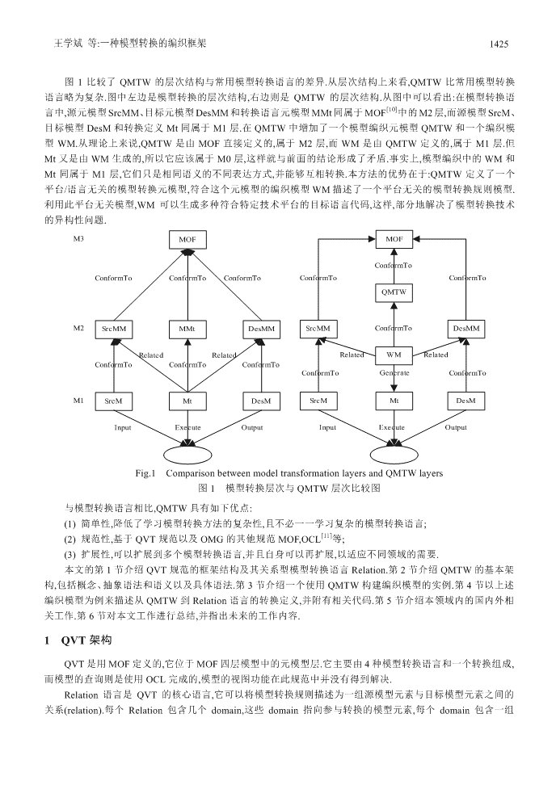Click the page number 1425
coord(499,44)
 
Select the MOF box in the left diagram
coord(187,239)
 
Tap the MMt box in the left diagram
coord(187,329)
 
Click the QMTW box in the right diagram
coord(394,292)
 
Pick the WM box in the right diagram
coord(394,355)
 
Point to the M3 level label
coord(78,238)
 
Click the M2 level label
coord(78,328)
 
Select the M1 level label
coord(78,400)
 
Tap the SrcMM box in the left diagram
coord(114,329)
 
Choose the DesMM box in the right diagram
coord(466,329)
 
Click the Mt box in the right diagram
coord(394,401)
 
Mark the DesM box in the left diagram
coord(261,401)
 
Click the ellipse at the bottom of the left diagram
coord(187,454)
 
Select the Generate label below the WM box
coord(394,372)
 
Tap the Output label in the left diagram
coord(252,427)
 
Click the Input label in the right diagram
coord(327,427)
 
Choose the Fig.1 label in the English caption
coord(145,473)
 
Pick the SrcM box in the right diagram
coord(318,401)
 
